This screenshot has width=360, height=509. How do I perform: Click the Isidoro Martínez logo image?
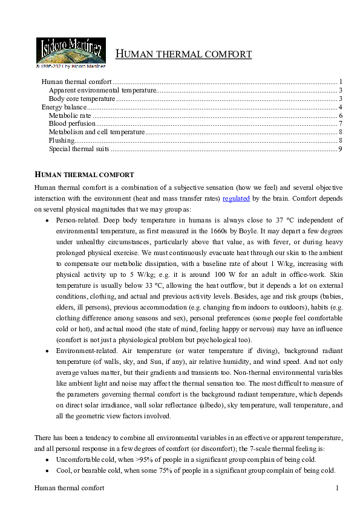point(71,52)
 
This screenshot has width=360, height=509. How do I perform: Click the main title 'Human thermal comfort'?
point(183,54)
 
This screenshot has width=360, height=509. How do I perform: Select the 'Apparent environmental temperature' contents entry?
point(102,90)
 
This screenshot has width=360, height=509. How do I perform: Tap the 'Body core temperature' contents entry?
point(82,99)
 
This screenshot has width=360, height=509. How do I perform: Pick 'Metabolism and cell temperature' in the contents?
point(97,132)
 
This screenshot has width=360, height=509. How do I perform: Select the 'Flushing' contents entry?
point(62,140)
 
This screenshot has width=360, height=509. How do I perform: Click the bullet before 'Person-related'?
point(48,221)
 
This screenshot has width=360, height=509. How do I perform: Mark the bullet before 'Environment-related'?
point(48,351)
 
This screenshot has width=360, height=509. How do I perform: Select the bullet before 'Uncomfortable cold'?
point(48,459)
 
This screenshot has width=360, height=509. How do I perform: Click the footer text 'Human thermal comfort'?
point(69,488)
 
